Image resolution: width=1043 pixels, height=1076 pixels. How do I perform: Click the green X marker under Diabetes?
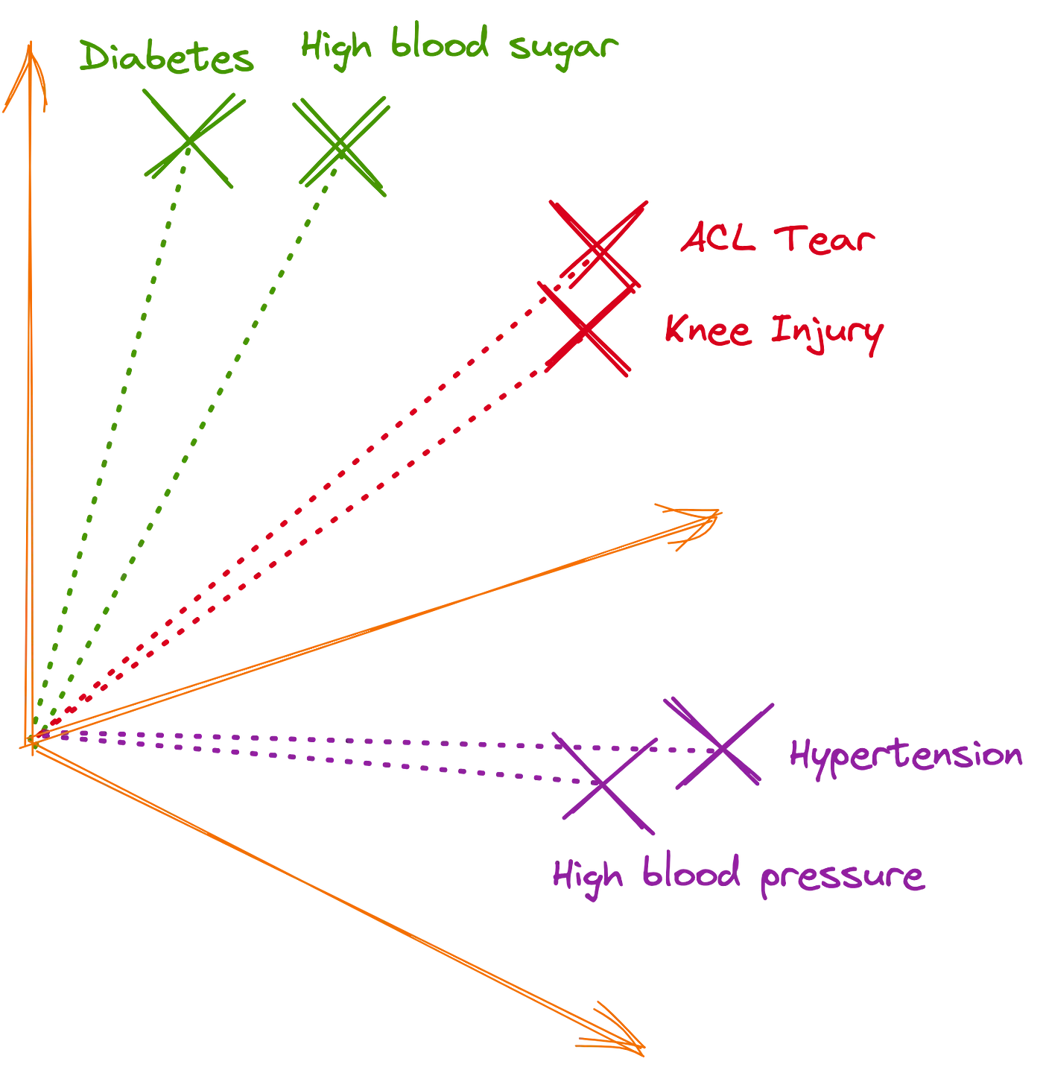[x=191, y=139]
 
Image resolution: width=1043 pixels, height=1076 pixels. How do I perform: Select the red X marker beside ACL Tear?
[x=598, y=244]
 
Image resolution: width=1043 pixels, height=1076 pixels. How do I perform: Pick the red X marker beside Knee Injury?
[x=586, y=329]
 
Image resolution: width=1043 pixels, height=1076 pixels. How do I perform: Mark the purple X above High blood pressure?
[x=605, y=784]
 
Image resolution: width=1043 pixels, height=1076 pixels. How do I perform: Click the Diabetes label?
[x=166, y=58]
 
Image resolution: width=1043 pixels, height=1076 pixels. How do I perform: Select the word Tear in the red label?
[x=824, y=240]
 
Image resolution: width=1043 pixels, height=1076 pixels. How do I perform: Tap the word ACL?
[x=718, y=238]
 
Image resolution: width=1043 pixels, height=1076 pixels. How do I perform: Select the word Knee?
[x=708, y=329]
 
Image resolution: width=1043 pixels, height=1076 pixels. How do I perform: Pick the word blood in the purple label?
[x=691, y=873]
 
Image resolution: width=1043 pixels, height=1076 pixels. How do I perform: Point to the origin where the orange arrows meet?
[x=31, y=741]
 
